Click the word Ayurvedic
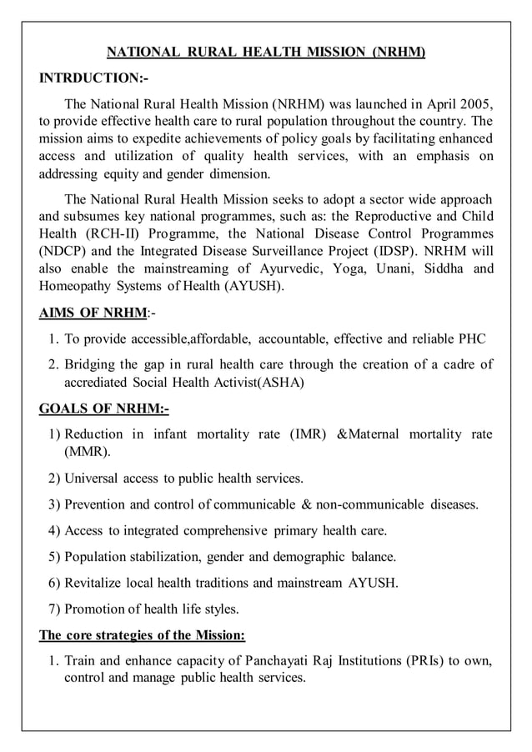[x=288, y=268]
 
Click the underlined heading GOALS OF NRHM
[x=104, y=409]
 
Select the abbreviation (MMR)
[x=87, y=452]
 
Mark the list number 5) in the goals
[x=54, y=556]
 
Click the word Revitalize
[x=95, y=583]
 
